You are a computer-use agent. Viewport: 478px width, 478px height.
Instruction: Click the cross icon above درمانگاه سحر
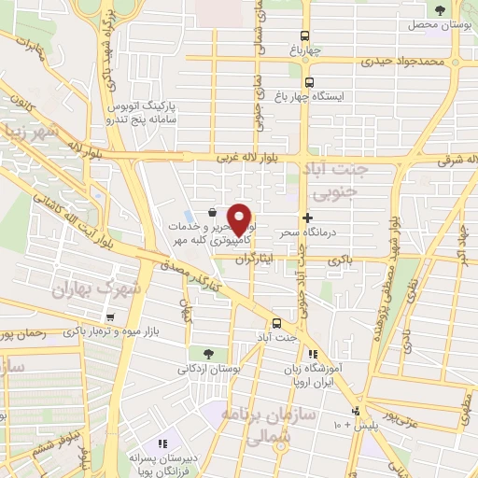click(x=307, y=217)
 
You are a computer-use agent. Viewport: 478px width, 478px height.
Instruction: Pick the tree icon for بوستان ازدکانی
click(x=207, y=353)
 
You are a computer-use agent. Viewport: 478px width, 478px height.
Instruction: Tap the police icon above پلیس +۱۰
click(x=355, y=412)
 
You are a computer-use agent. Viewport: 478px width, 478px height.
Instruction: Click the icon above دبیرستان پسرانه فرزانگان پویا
click(x=162, y=443)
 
